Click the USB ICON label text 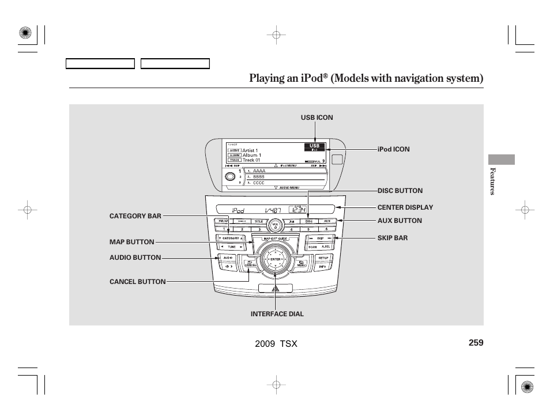point(317,118)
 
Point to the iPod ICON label point(394,149)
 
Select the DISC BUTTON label point(400,191)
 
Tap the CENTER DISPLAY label point(405,207)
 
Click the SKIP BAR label point(392,238)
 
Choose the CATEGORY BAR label point(135,216)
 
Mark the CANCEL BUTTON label point(137,282)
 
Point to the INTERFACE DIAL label point(277,314)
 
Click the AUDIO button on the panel point(228,257)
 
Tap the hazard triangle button point(276,287)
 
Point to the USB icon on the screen point(315,146)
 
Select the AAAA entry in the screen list point(259,171)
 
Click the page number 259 point(476,343)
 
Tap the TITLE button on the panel point(259,221)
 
